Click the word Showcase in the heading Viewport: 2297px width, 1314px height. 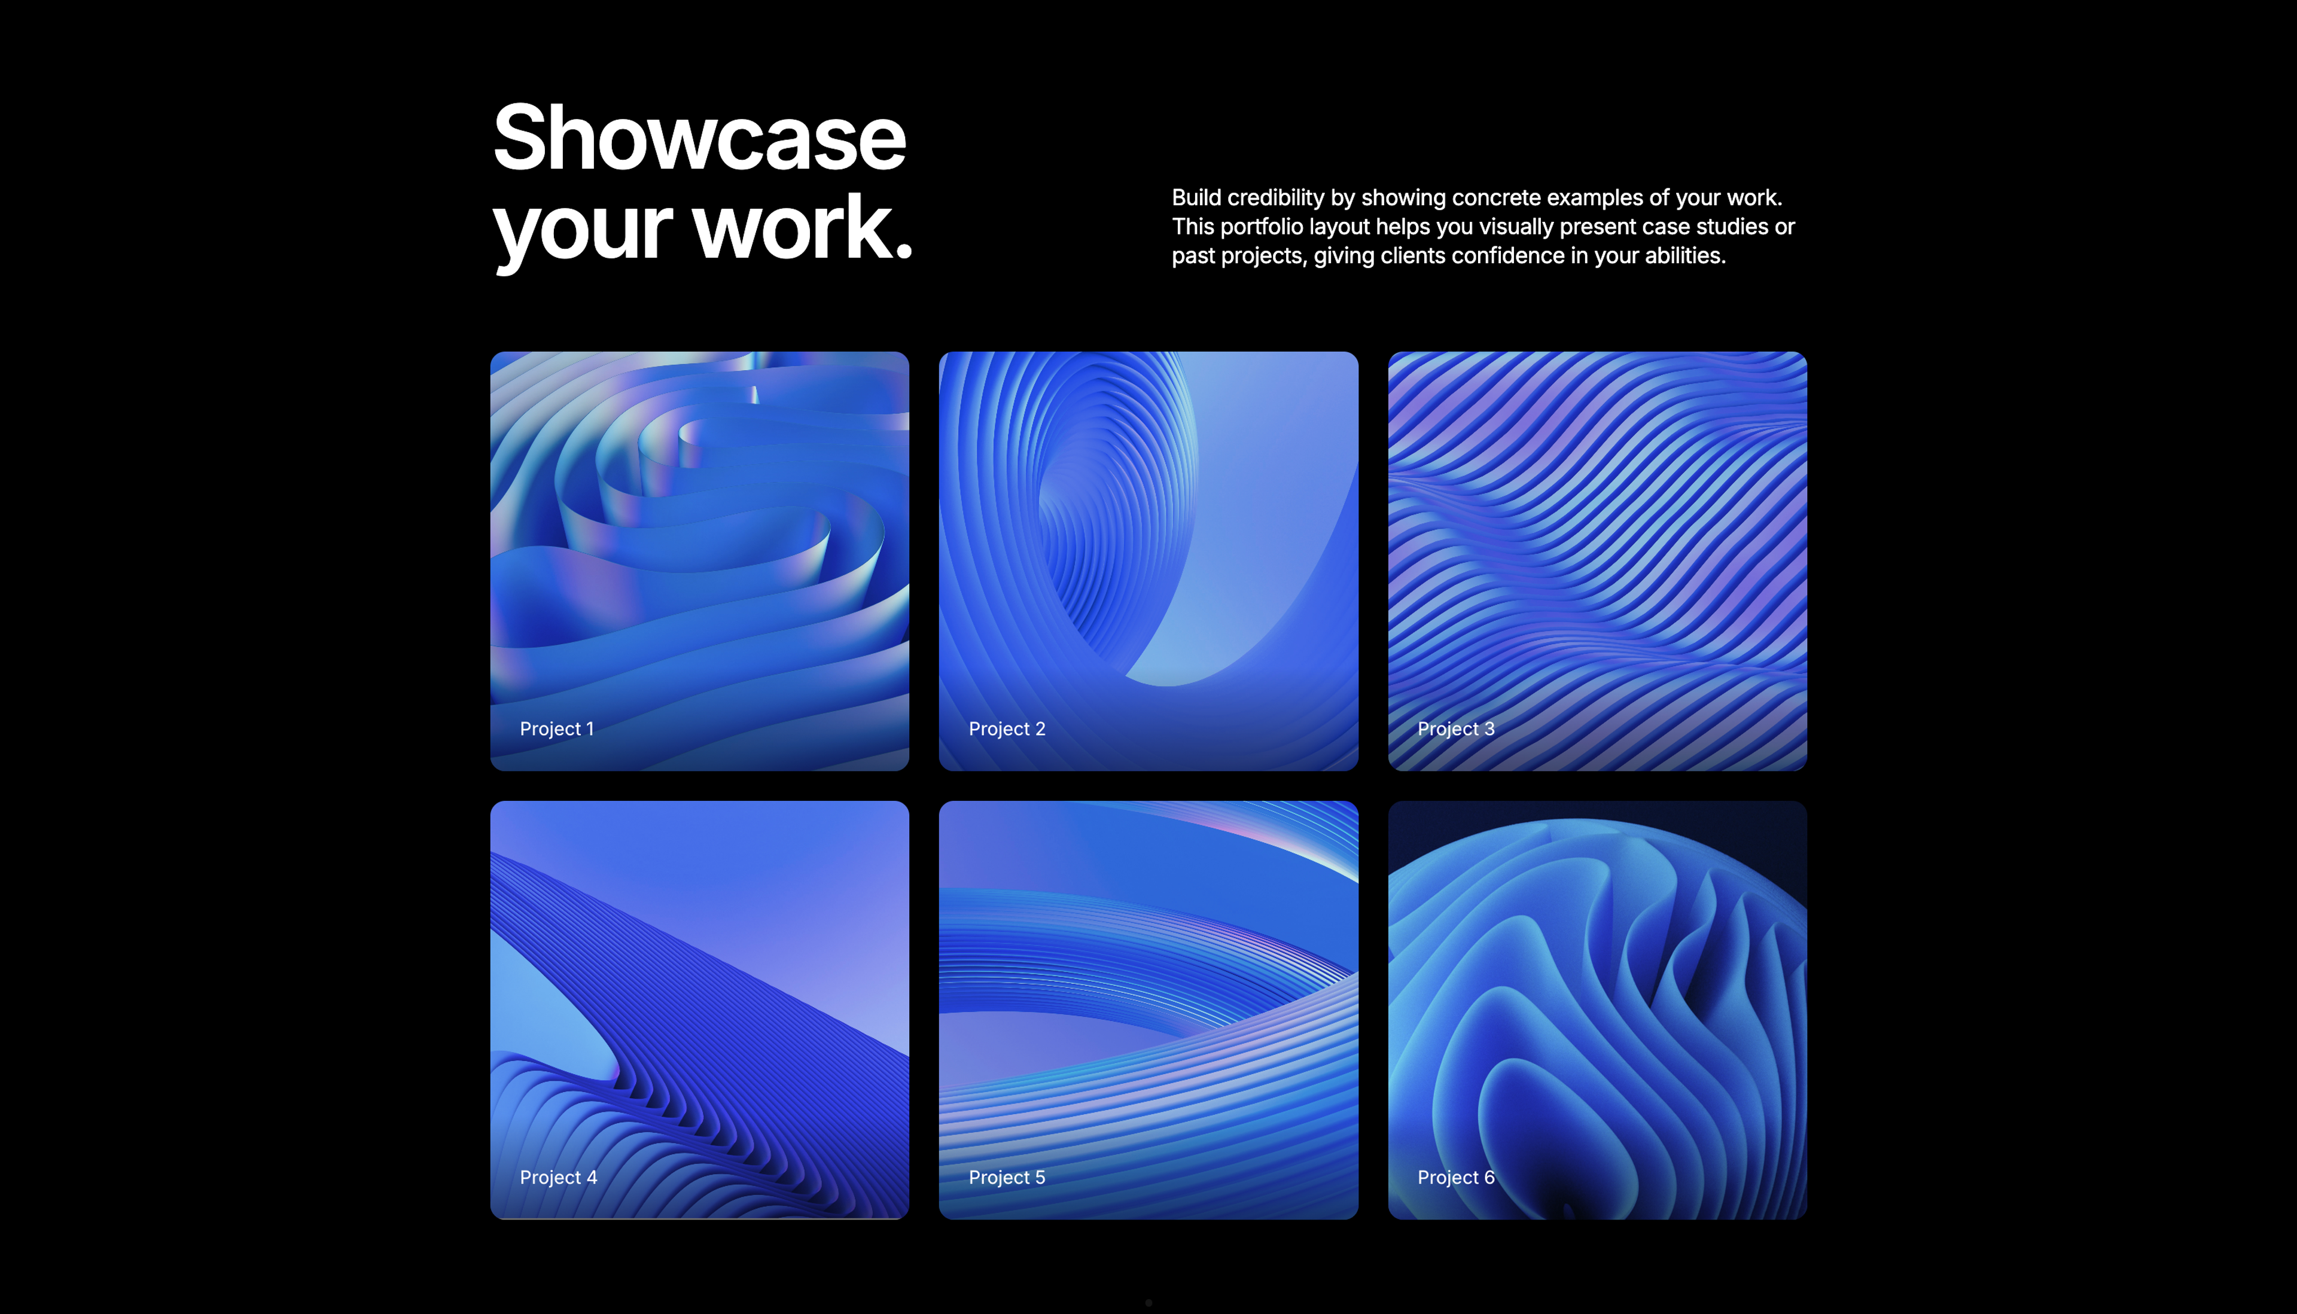699,140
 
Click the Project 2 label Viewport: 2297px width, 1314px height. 1006,728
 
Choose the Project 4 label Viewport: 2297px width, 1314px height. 558,1177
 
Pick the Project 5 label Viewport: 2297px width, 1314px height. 1006,1177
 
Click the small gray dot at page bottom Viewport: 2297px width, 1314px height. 1148,1302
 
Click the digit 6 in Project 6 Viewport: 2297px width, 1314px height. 1489,1177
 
